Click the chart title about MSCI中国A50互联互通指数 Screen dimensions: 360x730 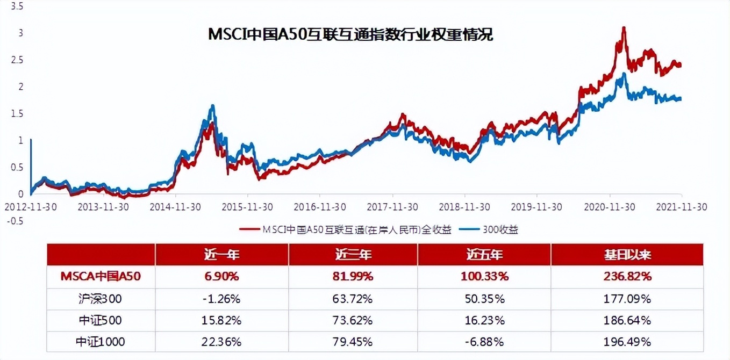coord(350,35)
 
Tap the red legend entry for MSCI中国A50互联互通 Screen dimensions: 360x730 coord(345,230)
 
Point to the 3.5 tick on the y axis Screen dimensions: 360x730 coord(17,6)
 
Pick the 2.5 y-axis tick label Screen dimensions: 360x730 coord(17,60)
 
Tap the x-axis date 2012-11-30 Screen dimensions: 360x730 coord(31,206)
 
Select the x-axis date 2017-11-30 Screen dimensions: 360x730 coord(392,206)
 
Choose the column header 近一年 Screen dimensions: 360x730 coord(221,254)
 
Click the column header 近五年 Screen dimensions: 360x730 coord(484,254)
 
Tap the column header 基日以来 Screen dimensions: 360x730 coord(627,254)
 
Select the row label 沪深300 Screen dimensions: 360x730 coord(101,298)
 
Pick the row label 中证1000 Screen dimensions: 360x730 coord(101,342)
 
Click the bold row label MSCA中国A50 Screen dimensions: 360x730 coord(101,277)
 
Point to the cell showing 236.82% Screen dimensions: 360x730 coord(627,277)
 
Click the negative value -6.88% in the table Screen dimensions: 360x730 coord(484,342)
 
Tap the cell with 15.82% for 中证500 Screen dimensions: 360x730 coord(221,320)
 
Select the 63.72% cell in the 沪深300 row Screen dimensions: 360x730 coord(353,298)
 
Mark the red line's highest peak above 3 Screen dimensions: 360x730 coord(624,28)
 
